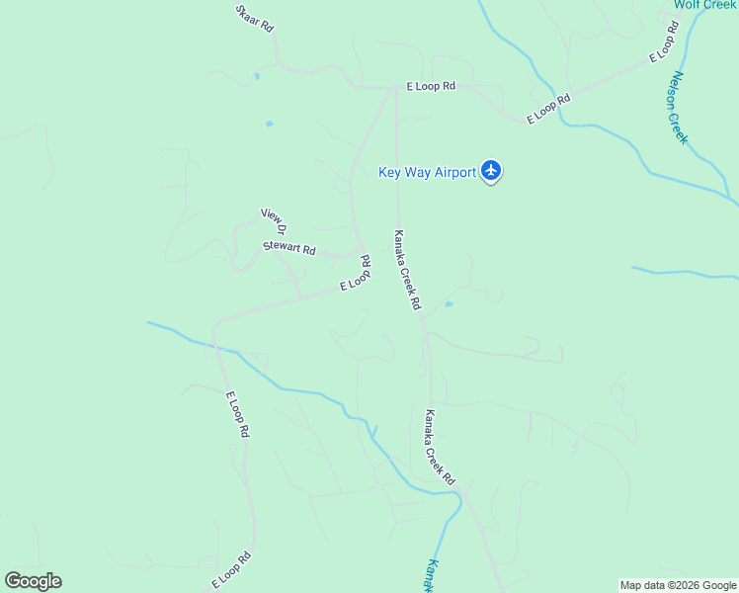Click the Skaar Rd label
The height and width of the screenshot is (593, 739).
254,18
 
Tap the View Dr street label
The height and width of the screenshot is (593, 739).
274,220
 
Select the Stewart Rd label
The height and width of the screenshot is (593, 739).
288,248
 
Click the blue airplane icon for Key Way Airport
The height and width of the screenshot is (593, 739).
492,171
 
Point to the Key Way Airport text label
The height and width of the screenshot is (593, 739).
427,172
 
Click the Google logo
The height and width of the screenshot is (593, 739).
33,581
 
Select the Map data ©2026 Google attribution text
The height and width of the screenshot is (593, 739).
679,585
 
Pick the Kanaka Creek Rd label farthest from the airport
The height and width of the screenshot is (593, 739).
440,447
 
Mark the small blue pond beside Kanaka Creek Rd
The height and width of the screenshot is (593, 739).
449,304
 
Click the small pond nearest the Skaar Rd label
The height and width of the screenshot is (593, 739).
256,75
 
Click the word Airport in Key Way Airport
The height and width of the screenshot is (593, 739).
453,172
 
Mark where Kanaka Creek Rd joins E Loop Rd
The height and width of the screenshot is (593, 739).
396,88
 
